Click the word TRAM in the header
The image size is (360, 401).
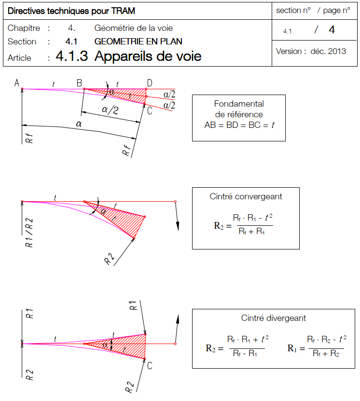(x=123, y=11)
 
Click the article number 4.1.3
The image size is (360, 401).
(x=72, y=56)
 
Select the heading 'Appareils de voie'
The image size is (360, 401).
(x=148, y=56)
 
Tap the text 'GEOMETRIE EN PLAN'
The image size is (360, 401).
(x=138, y=41)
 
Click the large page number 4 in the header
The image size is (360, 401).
(x=332, y=30)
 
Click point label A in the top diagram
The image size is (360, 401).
(x=16, y=83)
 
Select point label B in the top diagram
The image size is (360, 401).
(x=79, y=83)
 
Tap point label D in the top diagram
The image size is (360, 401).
(x=150, y=83)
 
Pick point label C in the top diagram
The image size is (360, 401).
(x=150, y=111)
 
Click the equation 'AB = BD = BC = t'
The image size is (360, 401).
(x=239, y=124)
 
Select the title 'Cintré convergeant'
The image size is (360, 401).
(x=246, y=196)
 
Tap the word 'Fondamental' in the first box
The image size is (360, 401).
(x=239, y=104)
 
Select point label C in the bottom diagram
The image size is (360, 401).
(x=150, y=366)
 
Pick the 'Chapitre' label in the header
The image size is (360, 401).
(x=24, y=28)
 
